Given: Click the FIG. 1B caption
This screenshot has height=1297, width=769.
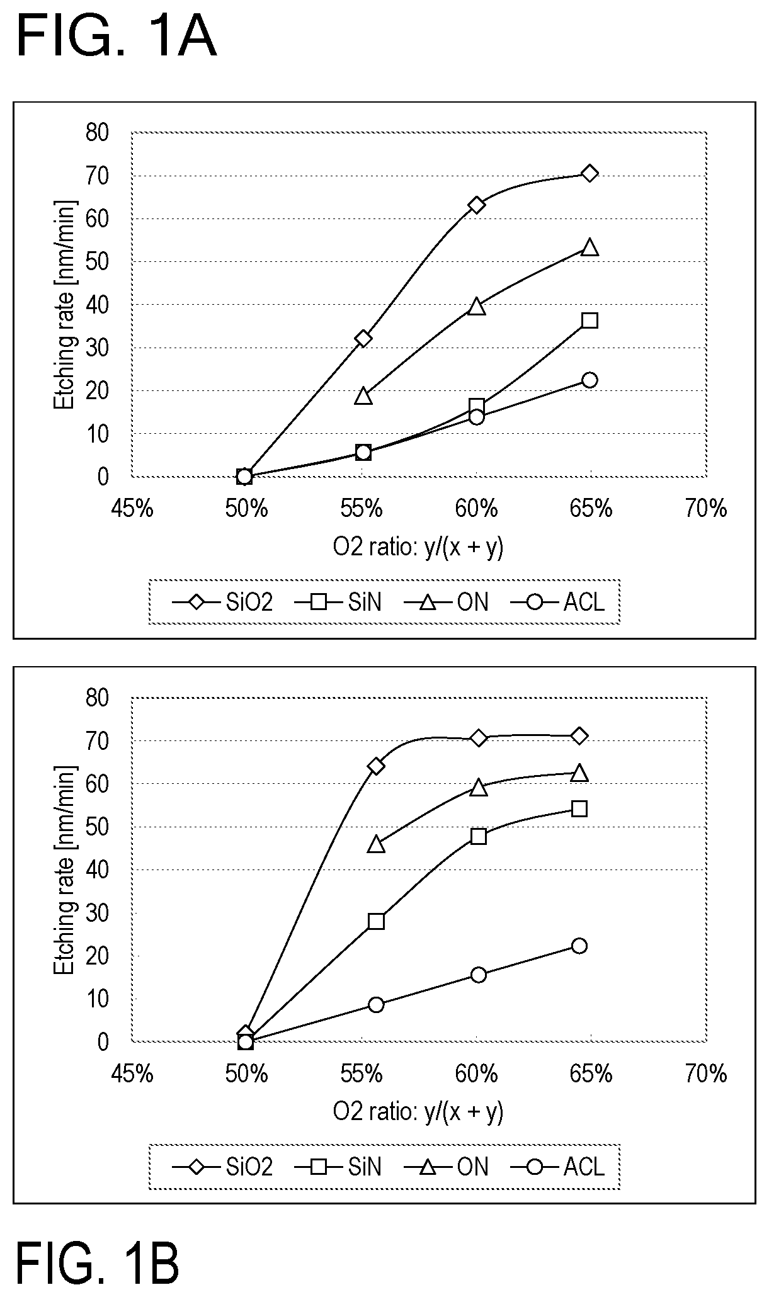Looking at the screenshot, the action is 98,1262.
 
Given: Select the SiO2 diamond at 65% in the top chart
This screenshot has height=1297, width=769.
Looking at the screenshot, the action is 590,173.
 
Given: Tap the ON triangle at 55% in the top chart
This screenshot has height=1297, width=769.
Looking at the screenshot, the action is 363,395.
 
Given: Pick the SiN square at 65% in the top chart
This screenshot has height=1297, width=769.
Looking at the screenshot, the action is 590,320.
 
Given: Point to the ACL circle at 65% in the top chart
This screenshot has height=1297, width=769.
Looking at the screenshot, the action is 590,380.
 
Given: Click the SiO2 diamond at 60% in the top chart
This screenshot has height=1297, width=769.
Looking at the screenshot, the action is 477,205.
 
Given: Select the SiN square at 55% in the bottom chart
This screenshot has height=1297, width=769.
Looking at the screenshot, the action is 376,921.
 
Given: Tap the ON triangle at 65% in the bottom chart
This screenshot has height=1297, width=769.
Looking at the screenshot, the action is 579,773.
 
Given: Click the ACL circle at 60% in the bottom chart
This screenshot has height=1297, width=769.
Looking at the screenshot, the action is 479,975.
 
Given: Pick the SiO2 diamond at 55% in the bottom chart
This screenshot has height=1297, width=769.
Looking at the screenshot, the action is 376,766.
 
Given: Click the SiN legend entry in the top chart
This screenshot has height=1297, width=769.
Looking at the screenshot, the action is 339,603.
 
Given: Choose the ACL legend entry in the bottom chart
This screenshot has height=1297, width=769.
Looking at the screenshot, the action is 558,1167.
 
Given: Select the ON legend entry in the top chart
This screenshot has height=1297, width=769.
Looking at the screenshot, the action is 447,603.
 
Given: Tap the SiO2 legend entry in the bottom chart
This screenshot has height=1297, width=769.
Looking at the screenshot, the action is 222,1167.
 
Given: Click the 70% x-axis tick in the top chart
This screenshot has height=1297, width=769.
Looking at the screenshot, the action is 707,507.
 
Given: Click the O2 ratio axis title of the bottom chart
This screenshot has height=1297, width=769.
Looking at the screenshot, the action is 418,1113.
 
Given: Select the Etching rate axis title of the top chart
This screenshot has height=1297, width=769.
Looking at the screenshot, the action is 64,304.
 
